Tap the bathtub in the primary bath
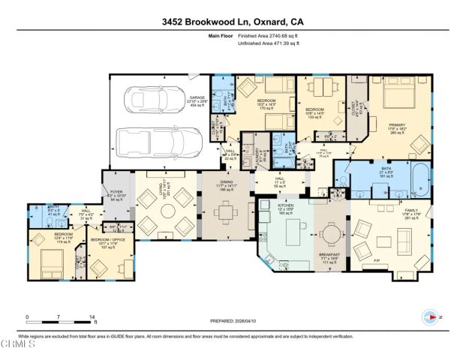pyautogui.click(x=419, y=178)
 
